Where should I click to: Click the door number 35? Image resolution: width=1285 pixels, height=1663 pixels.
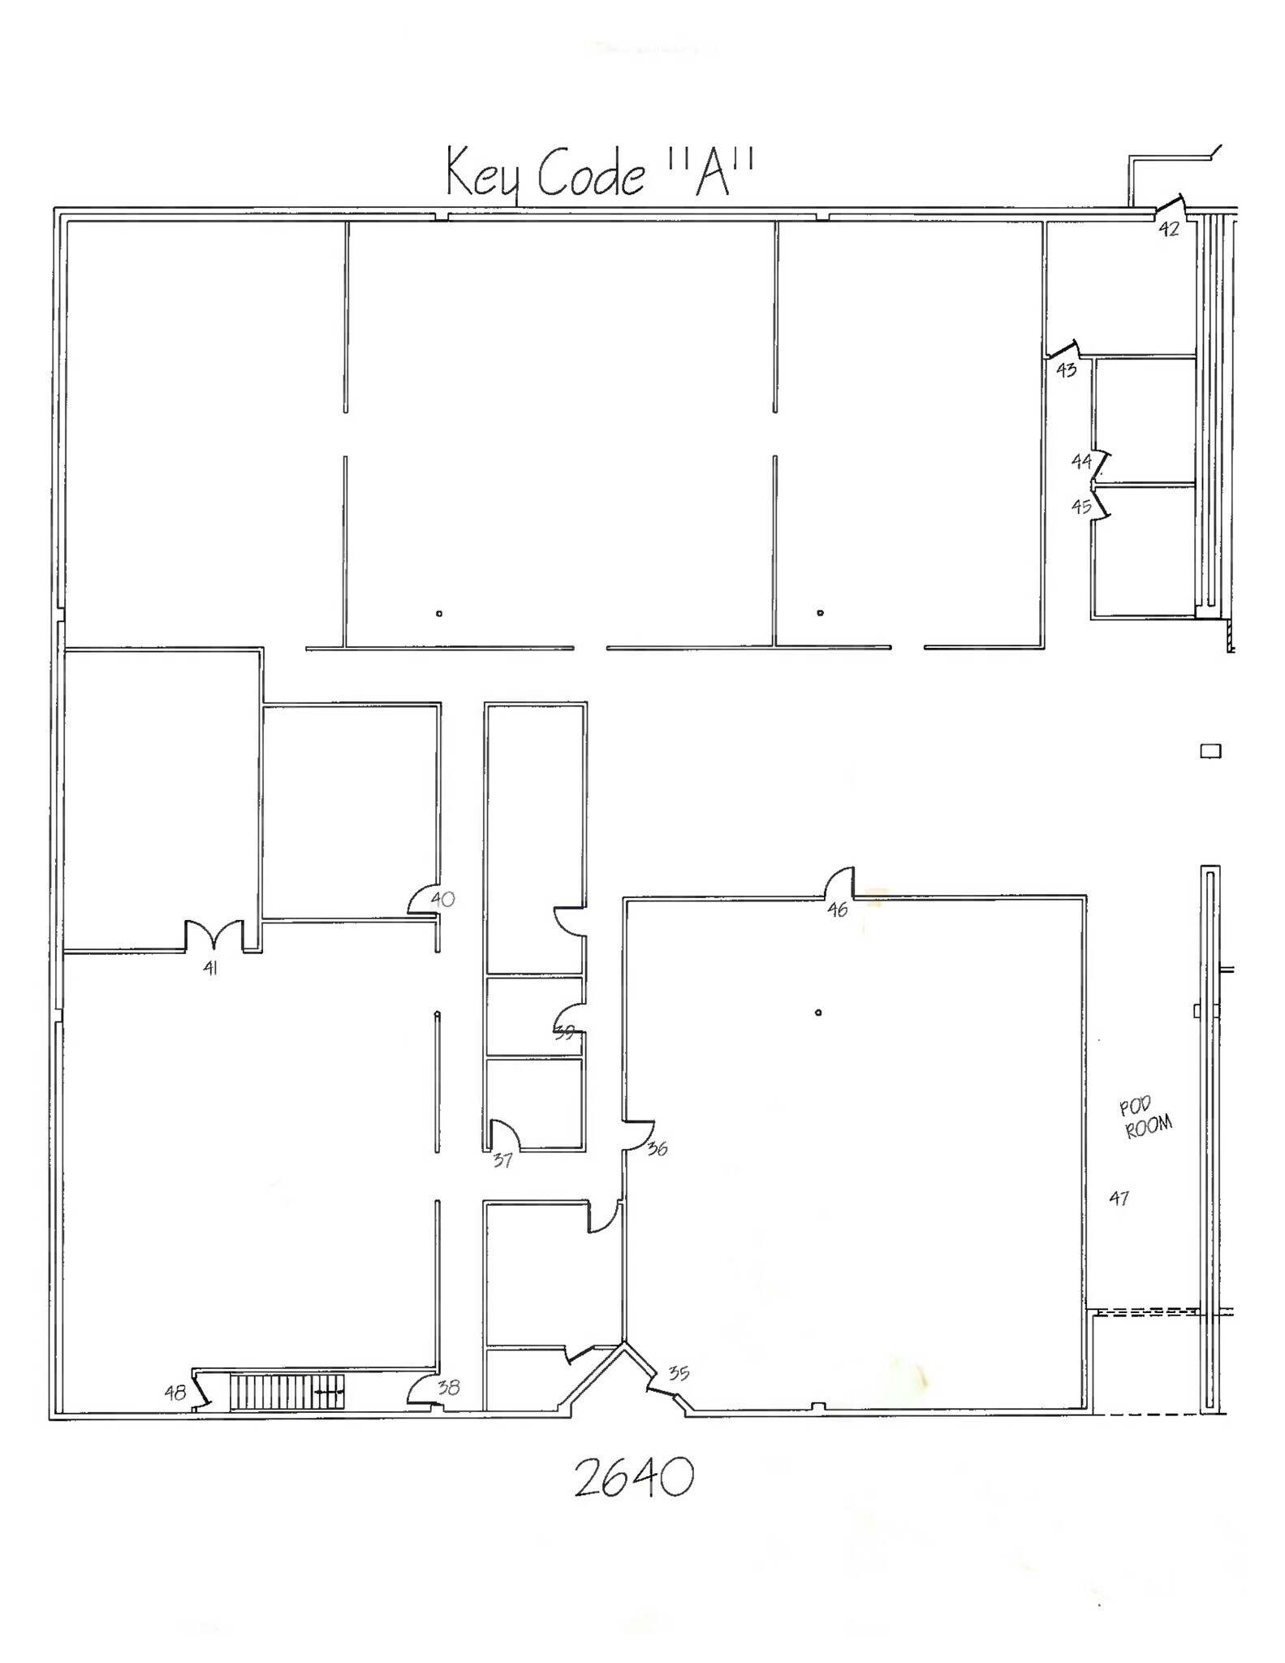coord(679,1372)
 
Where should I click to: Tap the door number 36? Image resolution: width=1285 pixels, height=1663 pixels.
coord(658,1148)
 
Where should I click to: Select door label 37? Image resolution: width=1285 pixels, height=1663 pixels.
coord(502,1160)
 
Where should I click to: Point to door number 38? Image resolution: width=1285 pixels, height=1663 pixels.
coord(448,1387)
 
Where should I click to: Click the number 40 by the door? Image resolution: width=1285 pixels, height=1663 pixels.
coord(442,899)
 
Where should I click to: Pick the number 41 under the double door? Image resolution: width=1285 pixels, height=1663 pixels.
coord(210,967)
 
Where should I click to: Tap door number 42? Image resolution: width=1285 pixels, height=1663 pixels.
coord(1168,229)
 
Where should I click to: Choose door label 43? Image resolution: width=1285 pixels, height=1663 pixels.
coord(1066,369)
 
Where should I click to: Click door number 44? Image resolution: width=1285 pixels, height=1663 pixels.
coord(1080,461)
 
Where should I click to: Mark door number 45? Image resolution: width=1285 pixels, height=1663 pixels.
coord(1080,507)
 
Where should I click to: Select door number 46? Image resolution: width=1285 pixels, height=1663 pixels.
coord(837,909)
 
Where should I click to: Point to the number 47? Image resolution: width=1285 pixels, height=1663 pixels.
coord(1119,1197)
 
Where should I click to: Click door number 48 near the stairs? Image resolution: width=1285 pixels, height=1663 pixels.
coord(175,1393)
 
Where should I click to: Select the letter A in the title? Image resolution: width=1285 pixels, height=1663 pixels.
coord(711,172)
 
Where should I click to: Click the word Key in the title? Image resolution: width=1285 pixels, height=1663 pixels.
coord(482,173)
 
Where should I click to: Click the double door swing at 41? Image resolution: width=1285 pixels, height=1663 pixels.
coord(213,935)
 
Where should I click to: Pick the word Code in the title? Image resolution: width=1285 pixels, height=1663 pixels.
coord(591,173)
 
